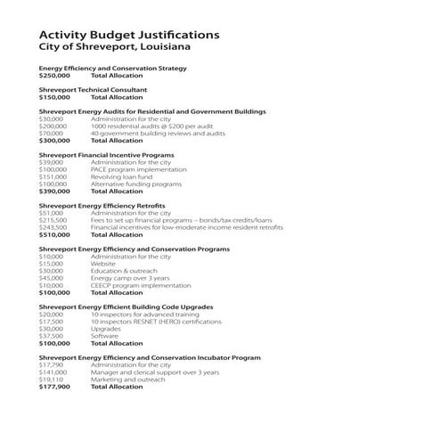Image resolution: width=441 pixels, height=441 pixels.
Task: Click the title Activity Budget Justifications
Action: (x=130, y=34)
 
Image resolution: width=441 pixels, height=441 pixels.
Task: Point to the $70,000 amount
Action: (x=51, y=133)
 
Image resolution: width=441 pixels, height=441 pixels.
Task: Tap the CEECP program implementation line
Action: (x=142, y=285)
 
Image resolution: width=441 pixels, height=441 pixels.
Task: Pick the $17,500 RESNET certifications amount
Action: (x=51, y=322)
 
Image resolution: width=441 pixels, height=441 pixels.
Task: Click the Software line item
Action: (x=105, y=336)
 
